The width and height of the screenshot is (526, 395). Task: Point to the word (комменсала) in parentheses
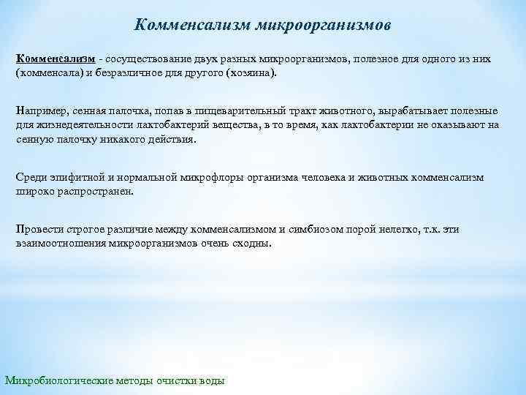point(48,75)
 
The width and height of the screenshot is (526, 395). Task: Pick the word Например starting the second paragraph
point(41,110)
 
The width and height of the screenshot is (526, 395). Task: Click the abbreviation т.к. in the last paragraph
point(432,229)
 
